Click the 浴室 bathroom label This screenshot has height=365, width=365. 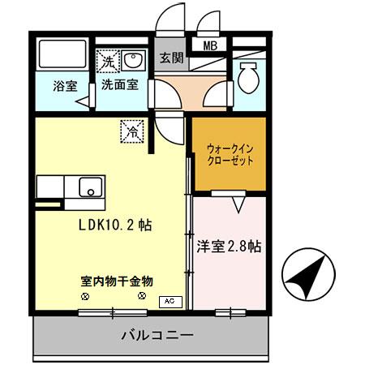pyautogui.click(x=66, y=84)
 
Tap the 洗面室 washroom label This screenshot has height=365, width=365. pyautogui.click(x=118, y=84)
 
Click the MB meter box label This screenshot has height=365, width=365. pyautogui.click(x=209, y=46)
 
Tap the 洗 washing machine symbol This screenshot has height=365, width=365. pyautogui.click(x=108, y=59)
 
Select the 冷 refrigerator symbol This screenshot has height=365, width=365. pyautogui.click(x=131, y=128)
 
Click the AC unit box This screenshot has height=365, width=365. pyautogui.click(x=169, y=302)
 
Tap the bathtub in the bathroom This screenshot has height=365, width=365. pyautogui.click(x=60, y=55)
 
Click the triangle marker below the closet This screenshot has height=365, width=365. pyautogui.click(x=239, y=205)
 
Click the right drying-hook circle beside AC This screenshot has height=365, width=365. pyautogui.click(x=143, y=297)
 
